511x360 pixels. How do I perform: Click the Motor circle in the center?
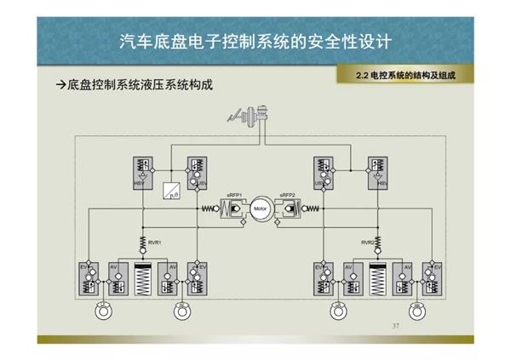[x=255, y=209]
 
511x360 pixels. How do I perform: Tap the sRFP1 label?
[x=235, y=195]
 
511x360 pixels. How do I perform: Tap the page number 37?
[x=394, y=326]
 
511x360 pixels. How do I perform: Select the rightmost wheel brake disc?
[x=416, y=311]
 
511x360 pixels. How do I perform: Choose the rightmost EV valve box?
[x=435, y=278]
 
